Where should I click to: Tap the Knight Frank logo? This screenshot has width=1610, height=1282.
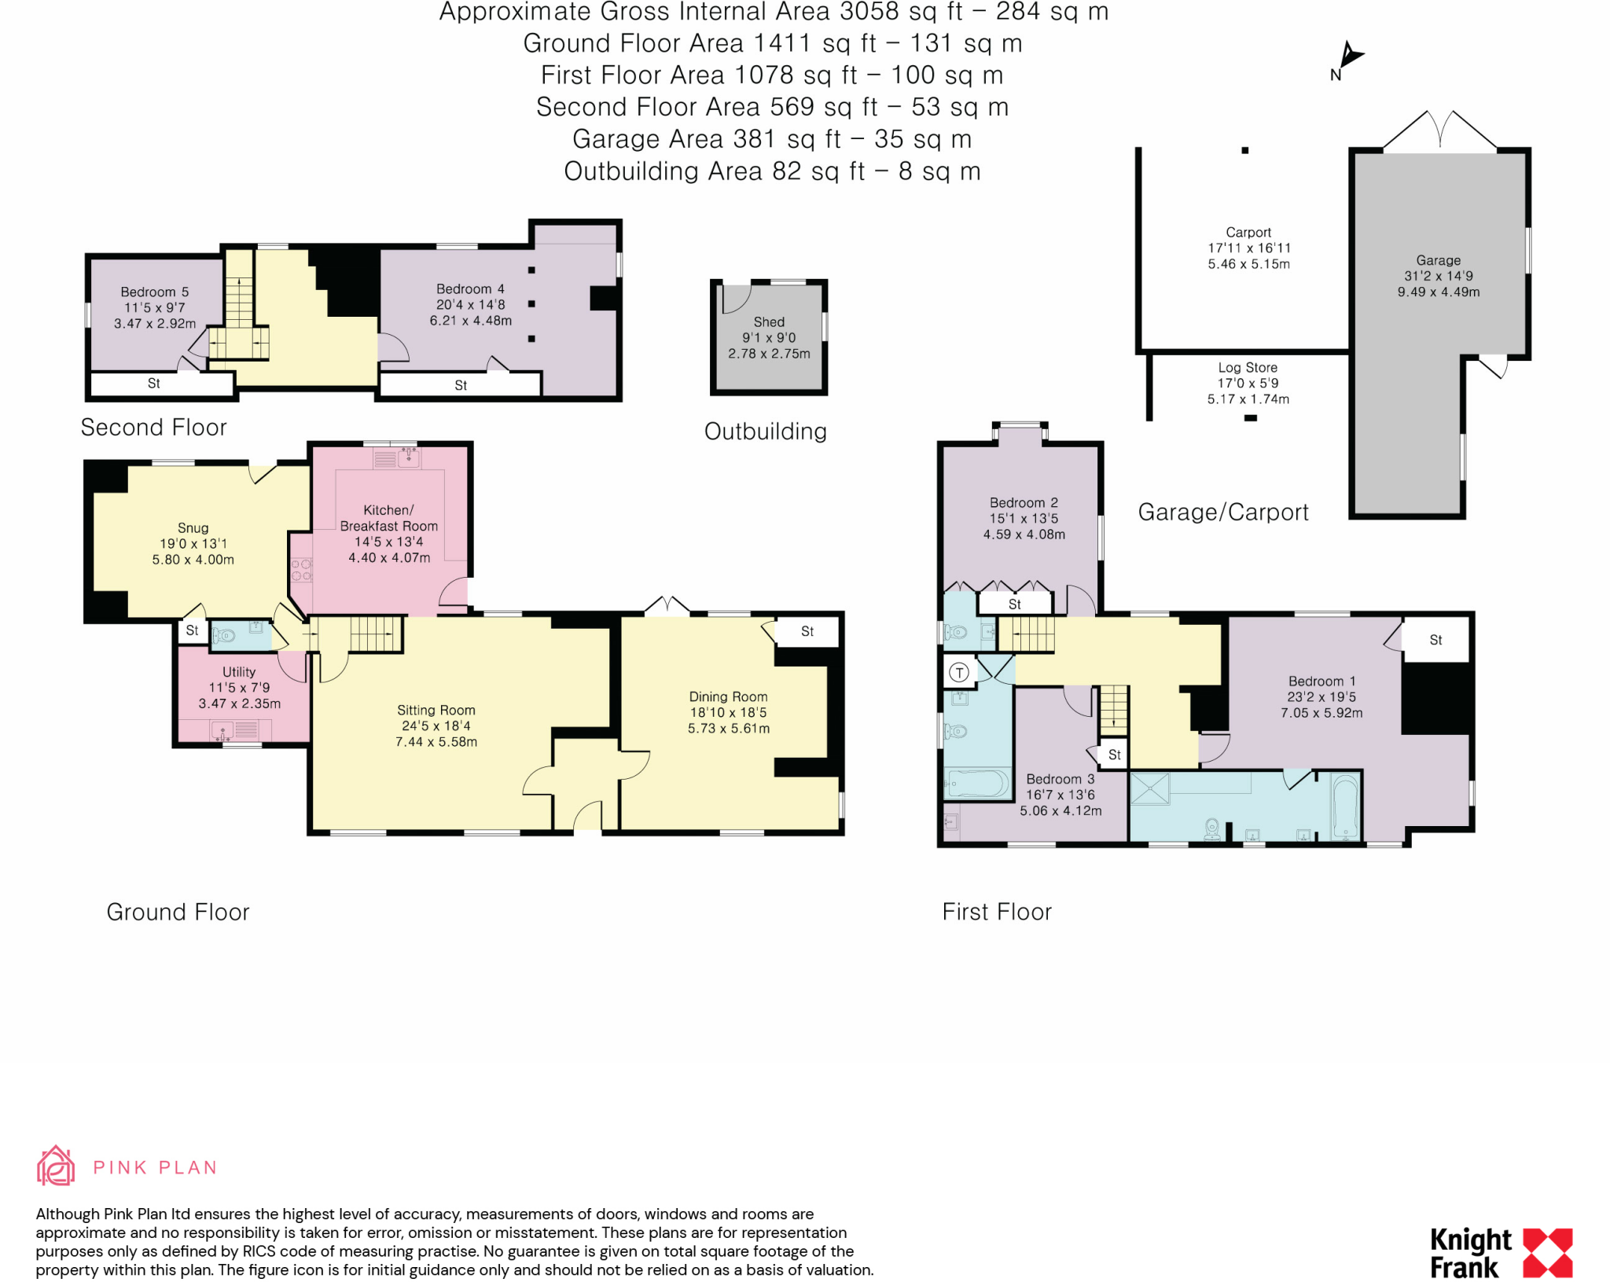1500,1253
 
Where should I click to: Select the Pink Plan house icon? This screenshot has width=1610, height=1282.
56,1166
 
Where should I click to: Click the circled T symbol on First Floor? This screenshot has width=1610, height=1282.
959,672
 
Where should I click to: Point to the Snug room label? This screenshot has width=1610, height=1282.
193,528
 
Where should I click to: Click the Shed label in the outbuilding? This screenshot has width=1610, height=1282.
769,322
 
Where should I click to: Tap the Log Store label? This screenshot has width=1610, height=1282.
1248,368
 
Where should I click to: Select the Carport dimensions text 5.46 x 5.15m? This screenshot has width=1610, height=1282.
1248,265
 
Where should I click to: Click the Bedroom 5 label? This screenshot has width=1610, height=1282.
154,292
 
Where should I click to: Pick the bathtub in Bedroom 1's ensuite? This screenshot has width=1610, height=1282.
1345,807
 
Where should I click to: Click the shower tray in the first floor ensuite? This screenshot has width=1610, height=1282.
1150,789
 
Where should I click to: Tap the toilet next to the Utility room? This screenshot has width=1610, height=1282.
225,635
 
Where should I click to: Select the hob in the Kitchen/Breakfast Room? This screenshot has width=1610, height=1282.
302,570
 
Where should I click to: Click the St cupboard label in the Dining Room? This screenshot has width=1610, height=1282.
807,631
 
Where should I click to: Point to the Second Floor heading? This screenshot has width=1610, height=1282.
153,428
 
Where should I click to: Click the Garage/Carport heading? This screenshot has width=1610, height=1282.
1223,512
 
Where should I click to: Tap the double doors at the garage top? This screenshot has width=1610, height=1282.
1439,130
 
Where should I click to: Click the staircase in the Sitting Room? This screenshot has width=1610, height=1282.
375,634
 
